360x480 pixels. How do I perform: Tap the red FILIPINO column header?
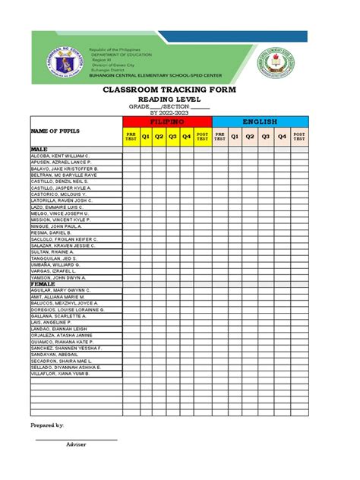click(x=166, y=122)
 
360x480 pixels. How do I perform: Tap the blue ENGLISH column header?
click(x=261, y=122)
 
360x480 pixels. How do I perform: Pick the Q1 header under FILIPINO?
click(x=146, y=137)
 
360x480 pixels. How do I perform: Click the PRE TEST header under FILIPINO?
click(x=130, y=137)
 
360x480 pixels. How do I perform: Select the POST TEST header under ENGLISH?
click(x=300, y=137)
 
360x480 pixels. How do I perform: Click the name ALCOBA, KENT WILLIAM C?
click(x=60, y=155)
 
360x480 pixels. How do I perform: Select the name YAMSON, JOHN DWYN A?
click(x=58, y=277)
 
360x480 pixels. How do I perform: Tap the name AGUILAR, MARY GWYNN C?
click(x=62, y=290)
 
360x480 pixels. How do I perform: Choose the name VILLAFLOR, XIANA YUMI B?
click(x=60, y=374)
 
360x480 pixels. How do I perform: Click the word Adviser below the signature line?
click(x=76, y=444)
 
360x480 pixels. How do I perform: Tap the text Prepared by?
click(x=46, y=425)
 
